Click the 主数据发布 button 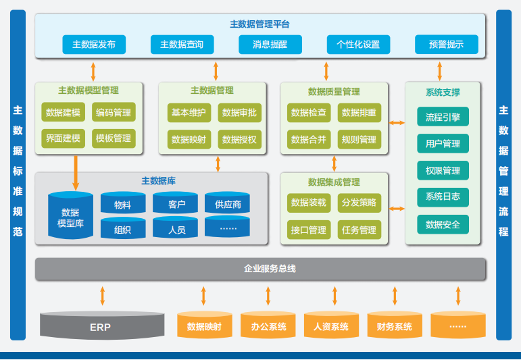(x=93, y=45)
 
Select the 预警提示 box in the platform (x=446, y=45)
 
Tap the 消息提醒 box (x=270, y=45)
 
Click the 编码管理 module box (x=114, y=112)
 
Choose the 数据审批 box (x=239, y=113)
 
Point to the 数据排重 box (x=359, y=113)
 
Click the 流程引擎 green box (x=443, y=117)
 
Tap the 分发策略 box (x=359, y=203)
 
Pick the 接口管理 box (x=308, y=230)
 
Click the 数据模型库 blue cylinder (x=70, y=217)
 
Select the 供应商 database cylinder (x=228, y=204)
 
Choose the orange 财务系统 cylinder (x=395, y=326)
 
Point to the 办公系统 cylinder (x=268, y=326)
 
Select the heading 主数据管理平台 (x=260, y=24)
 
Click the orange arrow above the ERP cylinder (x=103, y=296)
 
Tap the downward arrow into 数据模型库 (x=76, y=172)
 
